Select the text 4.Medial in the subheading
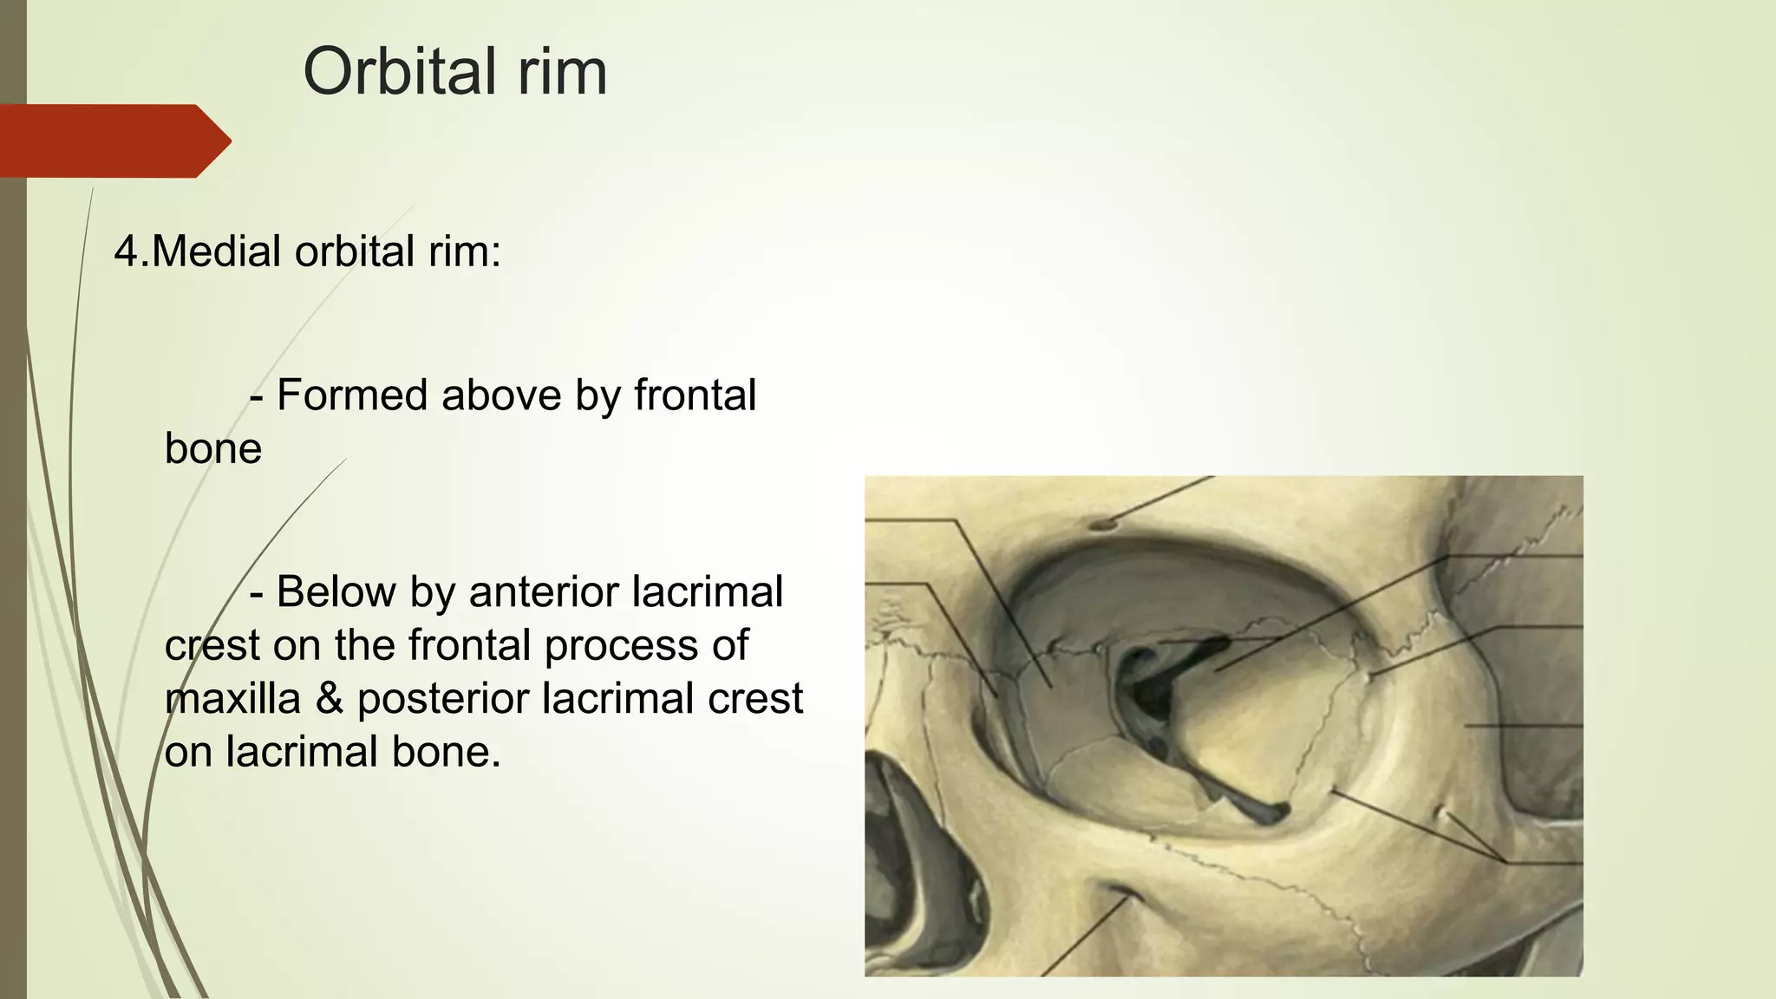[198, 251]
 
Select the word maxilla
[232, 699]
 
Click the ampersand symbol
[329, 699]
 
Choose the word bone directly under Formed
[213, 449]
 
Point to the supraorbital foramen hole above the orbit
[1103, 524]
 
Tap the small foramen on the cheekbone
[1440, 813]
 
